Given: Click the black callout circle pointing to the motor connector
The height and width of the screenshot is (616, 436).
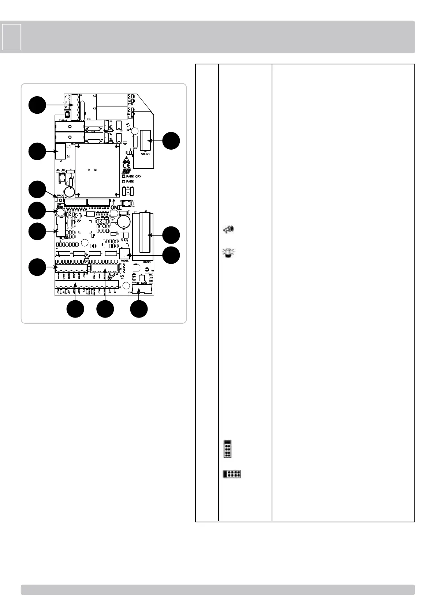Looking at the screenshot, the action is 37,105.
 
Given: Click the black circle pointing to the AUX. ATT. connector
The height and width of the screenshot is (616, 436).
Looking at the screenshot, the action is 171,141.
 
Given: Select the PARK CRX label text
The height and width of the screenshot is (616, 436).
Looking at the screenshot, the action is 134,176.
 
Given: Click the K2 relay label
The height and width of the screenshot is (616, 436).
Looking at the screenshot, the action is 94,95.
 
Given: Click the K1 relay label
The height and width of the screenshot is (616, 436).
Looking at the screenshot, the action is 94,109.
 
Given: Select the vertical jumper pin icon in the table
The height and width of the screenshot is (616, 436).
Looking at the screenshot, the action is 227,449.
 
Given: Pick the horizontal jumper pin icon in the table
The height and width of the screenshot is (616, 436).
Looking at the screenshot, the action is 232,474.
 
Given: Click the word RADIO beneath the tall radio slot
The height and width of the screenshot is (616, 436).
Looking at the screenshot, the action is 147,262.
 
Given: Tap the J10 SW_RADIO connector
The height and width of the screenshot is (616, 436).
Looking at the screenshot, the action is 141,290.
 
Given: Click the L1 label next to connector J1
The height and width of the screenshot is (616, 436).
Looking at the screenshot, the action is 69,146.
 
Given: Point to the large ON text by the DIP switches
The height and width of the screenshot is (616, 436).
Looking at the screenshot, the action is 115,207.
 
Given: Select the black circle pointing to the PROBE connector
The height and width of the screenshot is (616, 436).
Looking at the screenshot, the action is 171,255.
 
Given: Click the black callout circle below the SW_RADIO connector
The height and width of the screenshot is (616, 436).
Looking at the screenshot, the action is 139,309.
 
